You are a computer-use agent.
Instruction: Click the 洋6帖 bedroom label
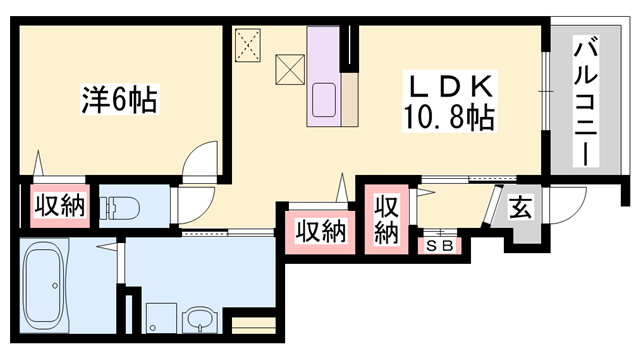(x=119, y=99)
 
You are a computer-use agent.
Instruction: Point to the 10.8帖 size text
(x=447, y=119)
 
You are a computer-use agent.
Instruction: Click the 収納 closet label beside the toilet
(x=59, y=206)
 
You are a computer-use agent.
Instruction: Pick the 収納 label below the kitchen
(x=321, y=231)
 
